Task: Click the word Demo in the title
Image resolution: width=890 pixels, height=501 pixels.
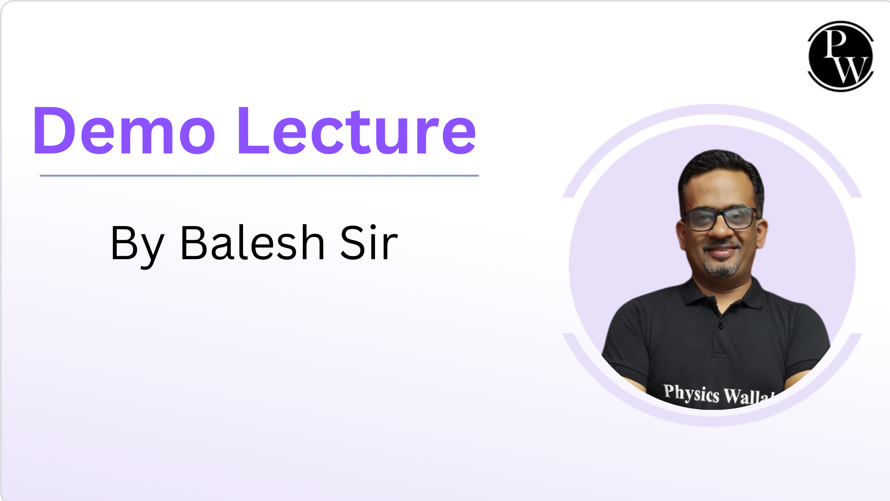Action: point(124,130)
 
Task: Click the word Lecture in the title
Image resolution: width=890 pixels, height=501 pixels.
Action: point(357,130)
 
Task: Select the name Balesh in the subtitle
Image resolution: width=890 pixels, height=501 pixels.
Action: point(253,242)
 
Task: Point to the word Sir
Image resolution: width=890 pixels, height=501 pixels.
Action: point(369,242)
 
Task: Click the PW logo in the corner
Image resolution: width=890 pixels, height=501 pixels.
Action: point(841,56)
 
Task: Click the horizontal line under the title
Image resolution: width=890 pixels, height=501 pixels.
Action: point(259,176)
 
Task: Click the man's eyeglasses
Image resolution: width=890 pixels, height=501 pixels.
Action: point(721,218)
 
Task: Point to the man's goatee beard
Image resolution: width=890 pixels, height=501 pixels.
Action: point(722,268)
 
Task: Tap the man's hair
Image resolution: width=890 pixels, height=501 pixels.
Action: point(720,170)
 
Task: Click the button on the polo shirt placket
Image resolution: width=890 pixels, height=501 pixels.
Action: point(720,326)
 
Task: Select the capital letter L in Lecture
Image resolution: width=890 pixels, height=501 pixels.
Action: point(253,130)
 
